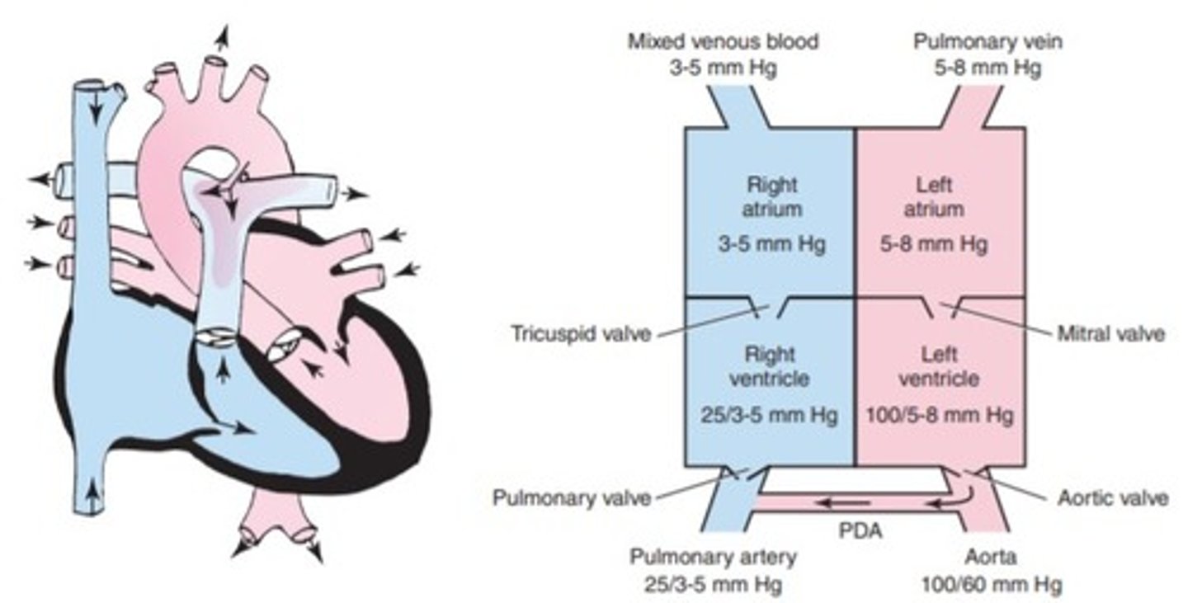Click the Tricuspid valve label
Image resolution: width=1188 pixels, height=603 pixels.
(x=580, y=334)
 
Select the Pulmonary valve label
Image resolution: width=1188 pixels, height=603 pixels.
(x=571, y=498)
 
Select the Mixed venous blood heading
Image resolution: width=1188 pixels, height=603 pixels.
(x=723, y=41)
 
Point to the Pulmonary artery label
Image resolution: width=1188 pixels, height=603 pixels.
(x=714, y=557)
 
